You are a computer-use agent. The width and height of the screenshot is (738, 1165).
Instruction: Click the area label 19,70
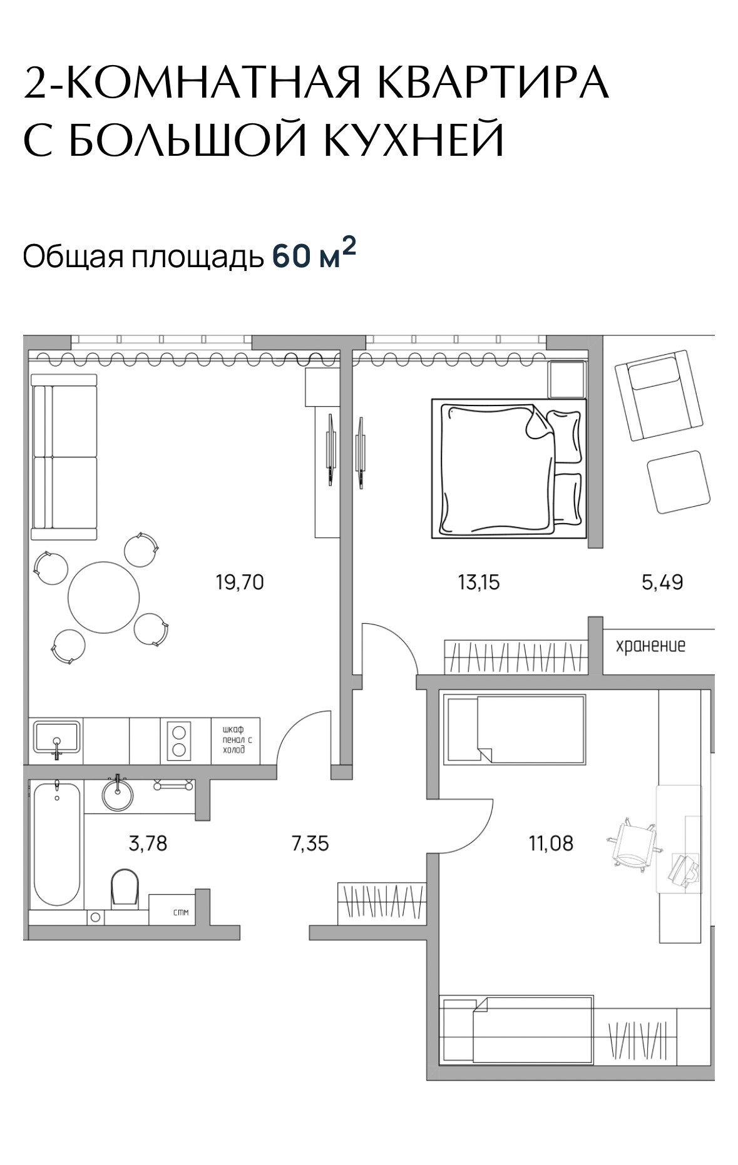pos(240,583)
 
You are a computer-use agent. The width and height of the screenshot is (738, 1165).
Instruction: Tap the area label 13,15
pos(479,583)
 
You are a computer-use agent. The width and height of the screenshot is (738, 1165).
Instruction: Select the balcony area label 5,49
pos(662,583)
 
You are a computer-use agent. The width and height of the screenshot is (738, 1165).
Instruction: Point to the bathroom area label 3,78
pos(148,843)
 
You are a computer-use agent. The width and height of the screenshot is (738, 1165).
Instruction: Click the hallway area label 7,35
pos(310,843)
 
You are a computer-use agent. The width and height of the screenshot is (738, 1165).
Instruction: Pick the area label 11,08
pos(551,843)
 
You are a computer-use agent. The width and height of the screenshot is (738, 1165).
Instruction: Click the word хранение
pos(650,645)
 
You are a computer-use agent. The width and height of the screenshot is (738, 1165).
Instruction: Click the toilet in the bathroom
pos(125,888)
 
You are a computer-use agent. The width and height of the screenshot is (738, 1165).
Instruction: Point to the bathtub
pos(57,843)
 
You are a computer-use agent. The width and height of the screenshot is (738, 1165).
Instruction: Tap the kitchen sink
pos(57,739)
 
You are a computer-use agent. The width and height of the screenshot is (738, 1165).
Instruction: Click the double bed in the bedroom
pos(509,469)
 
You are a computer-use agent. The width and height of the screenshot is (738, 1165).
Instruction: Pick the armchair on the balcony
pos(658,395)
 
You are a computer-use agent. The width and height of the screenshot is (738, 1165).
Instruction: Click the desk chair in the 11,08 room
pos(632,845)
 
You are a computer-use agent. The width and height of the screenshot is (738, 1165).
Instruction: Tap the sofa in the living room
pos(64,457)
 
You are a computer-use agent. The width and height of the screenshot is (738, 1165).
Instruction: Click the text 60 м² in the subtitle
pos(314,255)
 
